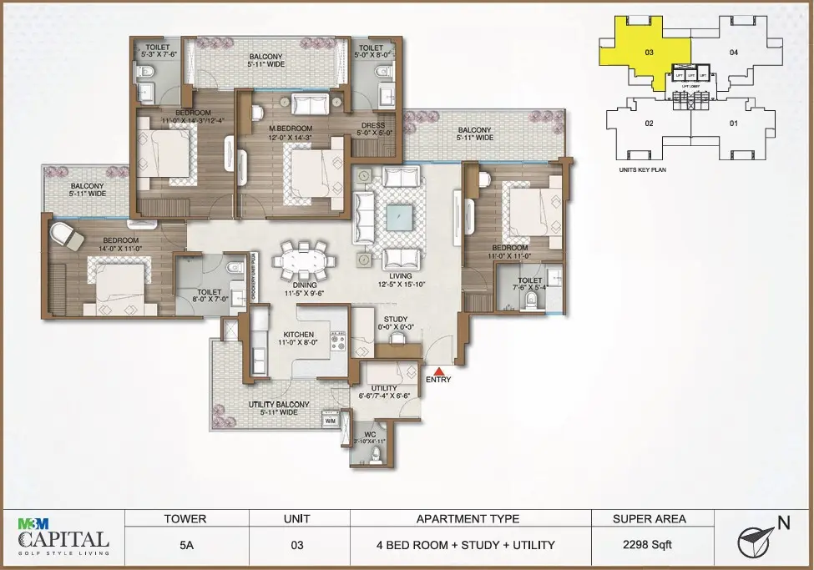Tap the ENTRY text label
(438, 380)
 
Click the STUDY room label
(396, 319)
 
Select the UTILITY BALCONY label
(279, 405)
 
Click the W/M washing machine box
(329, 421)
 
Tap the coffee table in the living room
(399, 215)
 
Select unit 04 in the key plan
(733, 53)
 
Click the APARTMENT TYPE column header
(468, 518)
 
